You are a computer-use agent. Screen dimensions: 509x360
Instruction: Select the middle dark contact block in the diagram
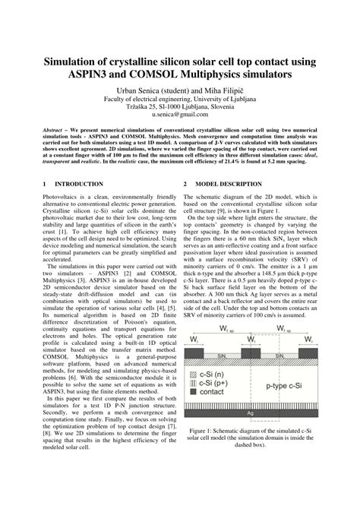[250, 353]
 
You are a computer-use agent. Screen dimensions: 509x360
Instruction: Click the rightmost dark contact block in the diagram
[307, 353]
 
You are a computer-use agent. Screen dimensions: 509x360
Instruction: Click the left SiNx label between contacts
[221, 356]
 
